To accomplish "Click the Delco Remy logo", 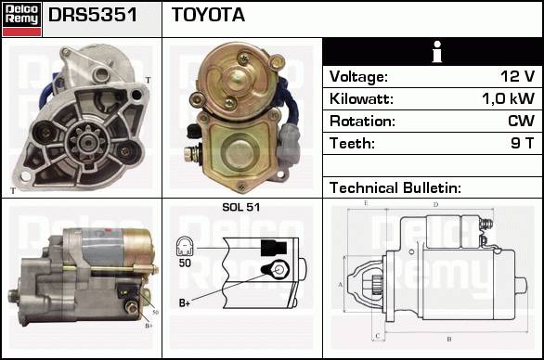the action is click(x=22, y=19).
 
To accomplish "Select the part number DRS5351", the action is click(x=93, y=15).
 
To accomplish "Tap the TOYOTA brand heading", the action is click(x=208, y=15).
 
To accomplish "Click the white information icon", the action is click(x=437, y=52).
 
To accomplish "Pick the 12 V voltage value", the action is click(x=517, y=76).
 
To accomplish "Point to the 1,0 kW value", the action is click(x=509, y=98).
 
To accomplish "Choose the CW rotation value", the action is click(x=521, y=121).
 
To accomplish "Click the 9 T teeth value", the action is click(x=522, y=143).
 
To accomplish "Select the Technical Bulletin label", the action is click(x=395, y=188).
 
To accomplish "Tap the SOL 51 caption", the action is click(x=240, y=207).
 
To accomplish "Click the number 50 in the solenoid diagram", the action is click(x=185, y=263).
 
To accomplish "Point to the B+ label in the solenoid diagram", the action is click(x=184, y=302).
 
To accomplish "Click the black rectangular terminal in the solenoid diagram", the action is click(x=274, y=248).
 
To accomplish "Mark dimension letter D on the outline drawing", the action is click(x=435, y=205).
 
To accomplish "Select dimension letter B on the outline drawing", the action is click(x=449, y=339).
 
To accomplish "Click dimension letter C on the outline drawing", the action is click(x=378, y=336).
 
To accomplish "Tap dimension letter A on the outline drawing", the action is click(x=341, y=285).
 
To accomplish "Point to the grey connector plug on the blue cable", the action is click(x=288, y=145).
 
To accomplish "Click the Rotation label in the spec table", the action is click(x=362, y=121).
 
